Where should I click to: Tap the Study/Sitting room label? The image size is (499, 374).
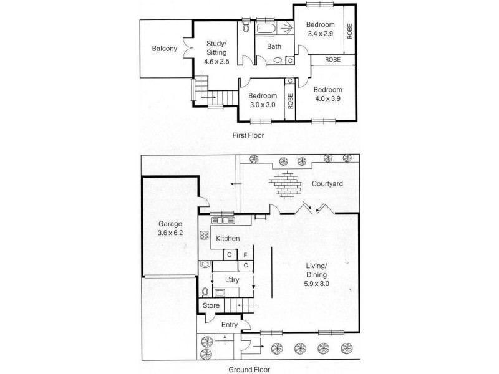(x=216, y=52)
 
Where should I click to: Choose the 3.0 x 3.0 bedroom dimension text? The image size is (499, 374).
(x=262, y=105)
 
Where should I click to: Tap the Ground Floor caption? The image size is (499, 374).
(x=249, y=368)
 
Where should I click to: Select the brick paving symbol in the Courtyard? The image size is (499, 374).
(x=286, y=184)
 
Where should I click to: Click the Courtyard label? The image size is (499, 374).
(x=329, y=184)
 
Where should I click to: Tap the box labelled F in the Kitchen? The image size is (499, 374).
(x=246, y=254)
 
